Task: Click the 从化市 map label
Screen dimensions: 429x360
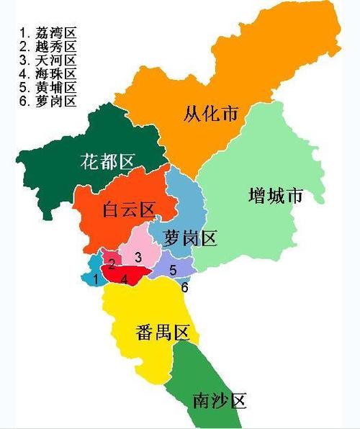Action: [x=210, y=113]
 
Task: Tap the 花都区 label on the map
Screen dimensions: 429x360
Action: [x=107, y=161]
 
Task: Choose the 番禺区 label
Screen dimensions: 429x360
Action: [x=161, y=333]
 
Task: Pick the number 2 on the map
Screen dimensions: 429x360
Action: [x=112, y=263]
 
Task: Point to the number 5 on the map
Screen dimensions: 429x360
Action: [x=173, y=270]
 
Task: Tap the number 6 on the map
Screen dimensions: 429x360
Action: [x=185, y=287]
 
